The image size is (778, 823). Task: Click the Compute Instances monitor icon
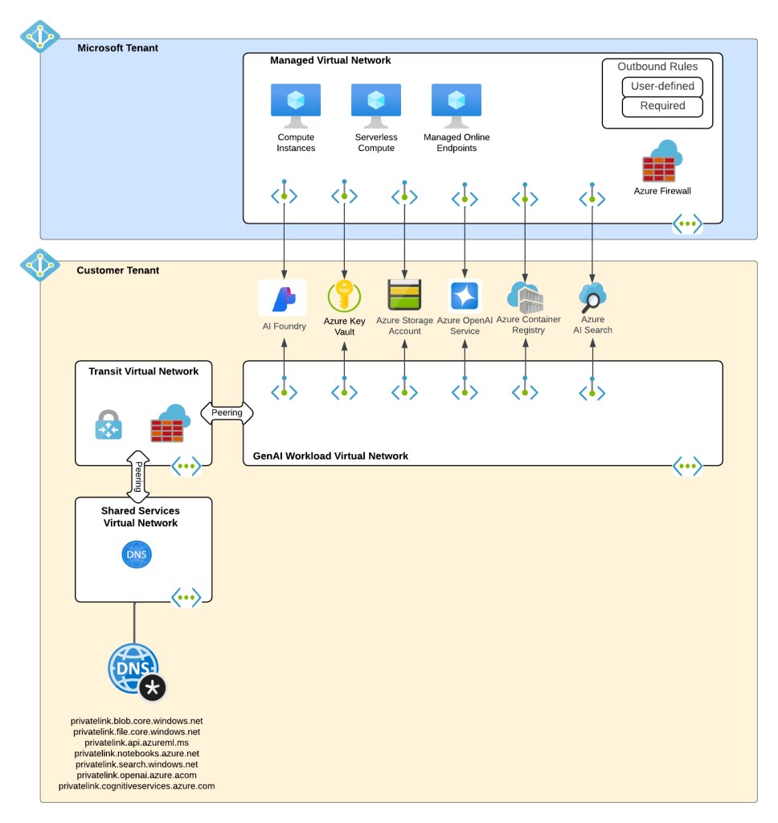click(x=296, y=105)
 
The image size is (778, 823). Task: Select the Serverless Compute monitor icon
click(x=375, y=105)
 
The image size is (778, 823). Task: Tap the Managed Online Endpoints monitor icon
click(x=456, y=105)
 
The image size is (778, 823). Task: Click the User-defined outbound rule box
click(x=662, y=86)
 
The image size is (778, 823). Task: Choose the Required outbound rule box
click(x=662, y=106)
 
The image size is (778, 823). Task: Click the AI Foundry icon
click(x=283, y=298)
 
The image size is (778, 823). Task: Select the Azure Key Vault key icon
click(x=344, y=297)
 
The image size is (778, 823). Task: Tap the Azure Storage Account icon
click(x=404, y=295)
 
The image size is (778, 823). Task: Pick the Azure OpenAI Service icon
click(x=465, y=296)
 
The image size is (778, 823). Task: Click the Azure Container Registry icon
click(x=525, y=297)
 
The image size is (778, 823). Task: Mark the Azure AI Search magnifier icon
click(x=592, y=297)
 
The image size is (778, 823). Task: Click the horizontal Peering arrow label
click(x=227, y=413)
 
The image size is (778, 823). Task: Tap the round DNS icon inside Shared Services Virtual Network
click(x=137, y=555)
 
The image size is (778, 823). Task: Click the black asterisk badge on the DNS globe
click(x=153, y=688)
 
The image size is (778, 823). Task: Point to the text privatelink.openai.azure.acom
click(x=137, y=775)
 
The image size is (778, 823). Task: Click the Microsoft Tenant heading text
click(x=117, y=48)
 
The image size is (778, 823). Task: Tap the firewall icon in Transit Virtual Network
click(x=169, y=424)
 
